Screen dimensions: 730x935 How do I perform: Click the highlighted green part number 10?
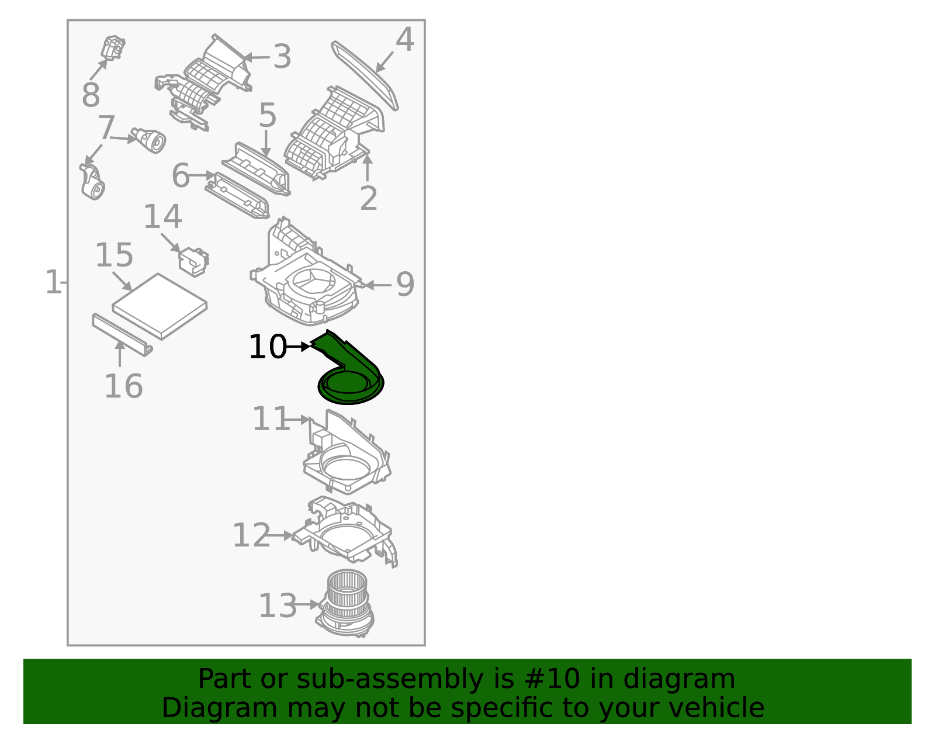pyautogui.click(x=349, y=374)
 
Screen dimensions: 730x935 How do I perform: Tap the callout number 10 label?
pyautogui.click(x=267, y=347)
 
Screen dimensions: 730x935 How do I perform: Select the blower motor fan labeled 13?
pyautogui.click(x=346, y=602)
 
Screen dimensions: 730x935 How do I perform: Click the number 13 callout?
pyautogui.click(x=278, y=606)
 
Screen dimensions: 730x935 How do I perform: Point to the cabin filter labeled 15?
pyautogui.click(x=160, y=306)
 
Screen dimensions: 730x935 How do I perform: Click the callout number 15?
pyautogui.click(x=114, y=256)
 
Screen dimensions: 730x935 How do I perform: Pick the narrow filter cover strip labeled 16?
pyautogui.click(x=122, y=334)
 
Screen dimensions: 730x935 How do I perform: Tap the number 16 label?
pyautogui.click(x=123, y=386)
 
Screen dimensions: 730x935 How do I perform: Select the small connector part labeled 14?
pyautogui.click(x=193, y=261)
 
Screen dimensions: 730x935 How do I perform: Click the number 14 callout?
pyautogui.click(x=162, y=217)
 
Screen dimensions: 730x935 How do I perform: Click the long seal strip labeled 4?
pyautogui.click(x=365, y=75)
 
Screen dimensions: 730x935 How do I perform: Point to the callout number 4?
pyautogui.click(x=405, y=40)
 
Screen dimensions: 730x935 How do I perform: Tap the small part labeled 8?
pyautogui.click(x=113, y=47)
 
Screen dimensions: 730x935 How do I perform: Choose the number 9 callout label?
pyautogui.click(x=405, y=285)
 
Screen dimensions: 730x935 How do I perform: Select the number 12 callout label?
pyautogui.click(x=251, y=535)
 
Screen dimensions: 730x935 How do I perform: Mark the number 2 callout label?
pyautogui.click(x=368, y=199)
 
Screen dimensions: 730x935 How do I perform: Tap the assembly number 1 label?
pyautogui.click(x=53, y=283)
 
